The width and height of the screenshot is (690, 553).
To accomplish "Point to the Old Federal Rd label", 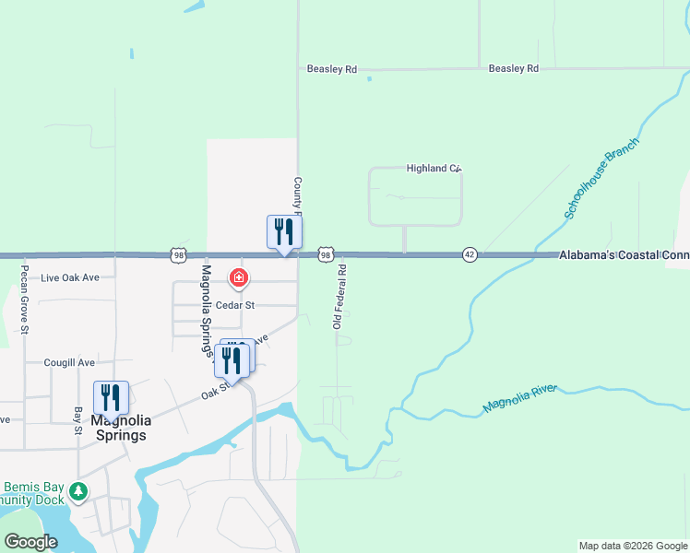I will point(339,296).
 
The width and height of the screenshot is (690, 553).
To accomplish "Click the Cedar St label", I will point(235,304).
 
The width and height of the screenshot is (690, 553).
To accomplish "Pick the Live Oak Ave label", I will point(69,277).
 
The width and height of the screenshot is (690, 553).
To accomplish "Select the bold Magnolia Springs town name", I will point(110,428).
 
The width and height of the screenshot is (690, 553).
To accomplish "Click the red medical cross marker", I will point(238,276).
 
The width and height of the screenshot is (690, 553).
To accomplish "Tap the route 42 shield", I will point(470,254).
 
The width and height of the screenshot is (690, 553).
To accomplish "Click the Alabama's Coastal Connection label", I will point(624,254).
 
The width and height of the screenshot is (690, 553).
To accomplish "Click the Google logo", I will point(30,542).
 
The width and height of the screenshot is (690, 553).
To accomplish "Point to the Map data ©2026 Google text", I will point(633,546).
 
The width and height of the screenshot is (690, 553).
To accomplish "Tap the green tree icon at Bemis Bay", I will point(80,490).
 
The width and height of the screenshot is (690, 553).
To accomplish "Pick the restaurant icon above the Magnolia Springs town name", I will point(111,397).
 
